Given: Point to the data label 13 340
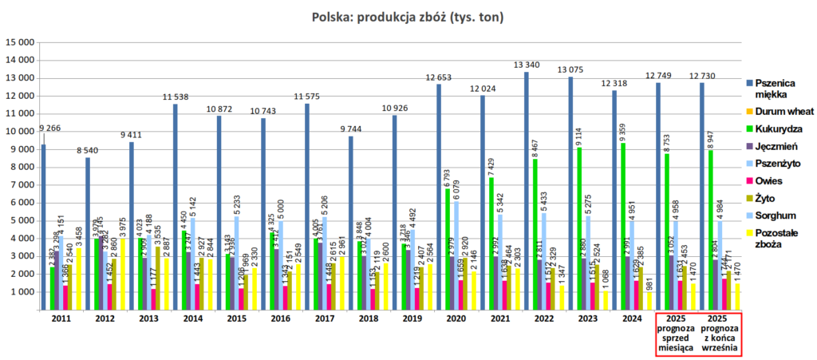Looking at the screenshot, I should (527, 65).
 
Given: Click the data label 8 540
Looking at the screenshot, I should (88, 150).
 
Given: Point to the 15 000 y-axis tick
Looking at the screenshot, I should (19, 42).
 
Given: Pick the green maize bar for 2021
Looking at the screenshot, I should (491, 244).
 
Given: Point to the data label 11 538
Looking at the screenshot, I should (176, 97).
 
